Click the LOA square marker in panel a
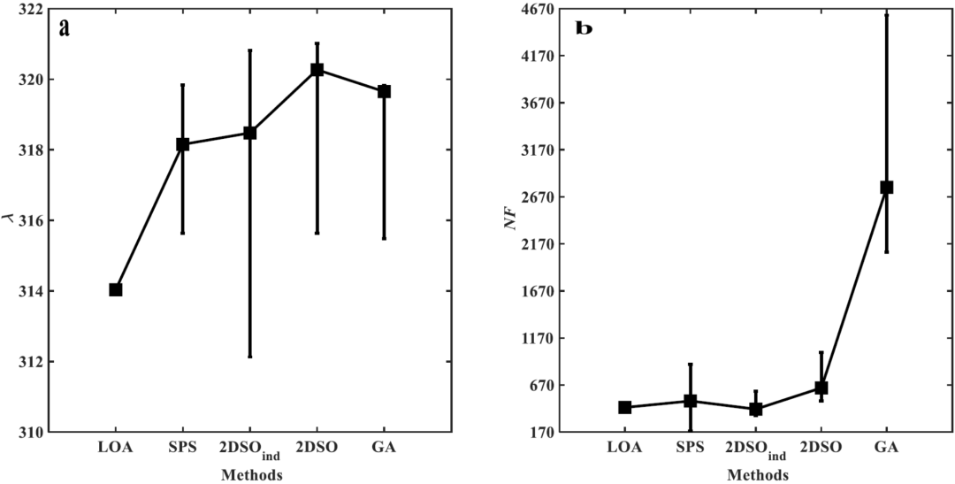point(116,289)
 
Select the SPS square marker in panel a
point(182,144)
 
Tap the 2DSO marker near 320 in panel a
point(317,70)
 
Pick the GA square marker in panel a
point(384,91)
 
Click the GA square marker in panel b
point(886,188)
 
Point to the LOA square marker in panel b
point(624,407)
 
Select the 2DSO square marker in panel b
point(821,388)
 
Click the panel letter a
point(64,27)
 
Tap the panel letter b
point(584,28)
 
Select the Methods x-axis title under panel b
point(757,475)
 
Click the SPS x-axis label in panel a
point(182,448)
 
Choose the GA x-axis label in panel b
point(886,448)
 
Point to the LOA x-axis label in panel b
point(624,448)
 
